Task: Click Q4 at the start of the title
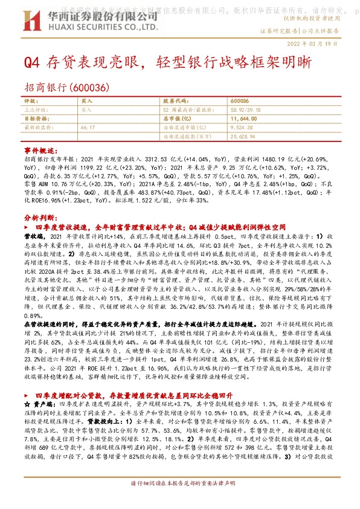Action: (x=31, y=62)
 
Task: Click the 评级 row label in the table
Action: (x=30, y=101)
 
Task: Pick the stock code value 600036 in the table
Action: (x=240, y=101)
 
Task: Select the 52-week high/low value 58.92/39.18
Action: (x=246, y=110)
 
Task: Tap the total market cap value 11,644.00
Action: (x=245, y=119)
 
